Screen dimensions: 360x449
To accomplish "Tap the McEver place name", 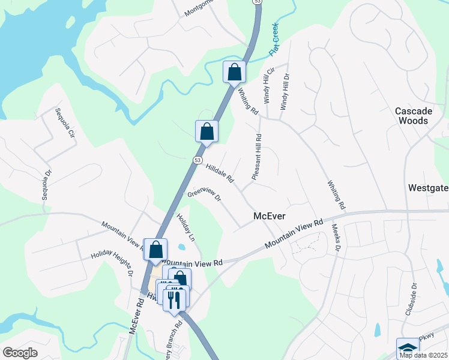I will [269, 216].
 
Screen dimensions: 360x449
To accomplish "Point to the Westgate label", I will [428, 188].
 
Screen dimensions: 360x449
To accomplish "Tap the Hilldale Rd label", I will [220, 173].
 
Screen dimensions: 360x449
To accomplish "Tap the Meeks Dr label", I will [335, 238].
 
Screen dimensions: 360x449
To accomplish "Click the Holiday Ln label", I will [185, 226].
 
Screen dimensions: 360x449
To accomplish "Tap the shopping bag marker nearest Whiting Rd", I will [234, 72].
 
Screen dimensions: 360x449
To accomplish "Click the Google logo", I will [20, 353].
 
